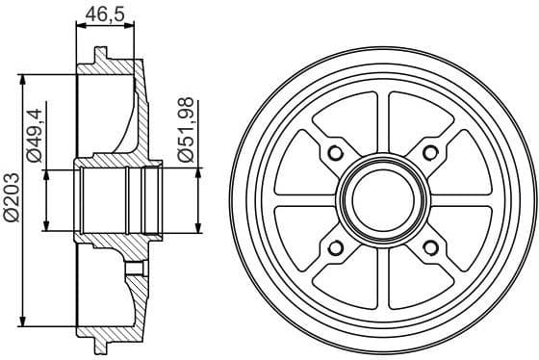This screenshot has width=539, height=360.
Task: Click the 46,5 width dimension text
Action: [x=104, y=14]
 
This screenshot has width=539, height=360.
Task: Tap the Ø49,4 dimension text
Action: [x=35, y=136]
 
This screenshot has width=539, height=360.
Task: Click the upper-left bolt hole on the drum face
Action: [x=335, y=155]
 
